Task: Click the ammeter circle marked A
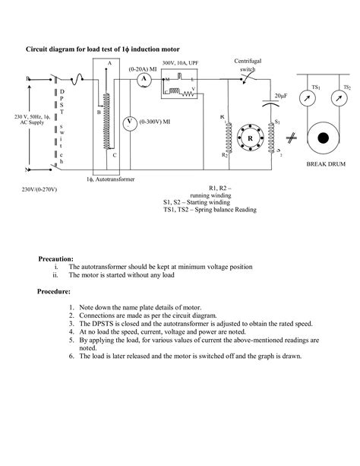point(143,78)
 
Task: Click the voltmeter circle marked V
point(129,122)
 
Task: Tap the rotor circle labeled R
point(249,138)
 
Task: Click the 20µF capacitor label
point(280,96)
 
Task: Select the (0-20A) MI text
point(142,68)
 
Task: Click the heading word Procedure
point(54,290)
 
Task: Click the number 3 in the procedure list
point(71,323)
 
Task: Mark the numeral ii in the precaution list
point(55,276)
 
